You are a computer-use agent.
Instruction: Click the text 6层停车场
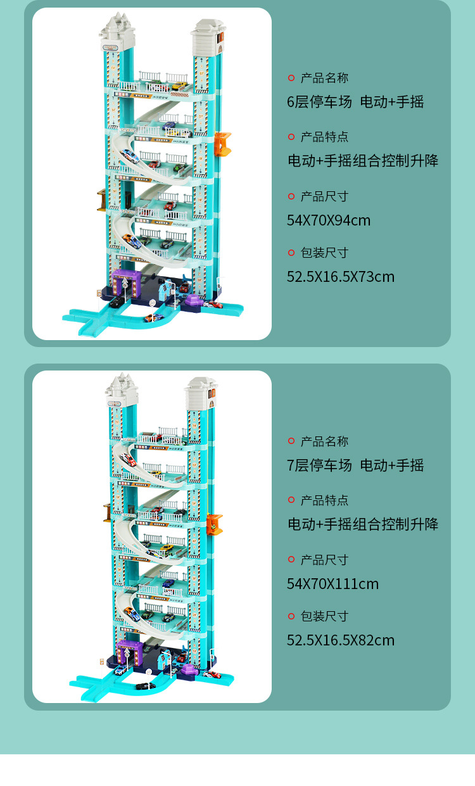tap(319, 102)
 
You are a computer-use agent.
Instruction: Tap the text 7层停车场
tap(319, 466)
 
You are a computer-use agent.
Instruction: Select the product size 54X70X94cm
tap(329, 220)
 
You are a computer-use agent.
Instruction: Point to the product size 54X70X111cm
tap(332, 584)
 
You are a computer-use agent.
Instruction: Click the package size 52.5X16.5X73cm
tap(341, 277)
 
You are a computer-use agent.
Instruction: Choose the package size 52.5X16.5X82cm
tap(341, 640)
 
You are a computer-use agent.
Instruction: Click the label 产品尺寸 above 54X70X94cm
tap(324, 196)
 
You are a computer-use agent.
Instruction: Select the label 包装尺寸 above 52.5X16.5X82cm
tap(324, 616)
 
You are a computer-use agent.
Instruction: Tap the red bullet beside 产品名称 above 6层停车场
tap(291, 78)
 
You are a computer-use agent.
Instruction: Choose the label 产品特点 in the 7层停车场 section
tap(324, 500)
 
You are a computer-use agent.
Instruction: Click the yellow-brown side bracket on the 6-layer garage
tap(101, 199)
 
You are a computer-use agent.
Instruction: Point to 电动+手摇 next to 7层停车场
tap(392, 466)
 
